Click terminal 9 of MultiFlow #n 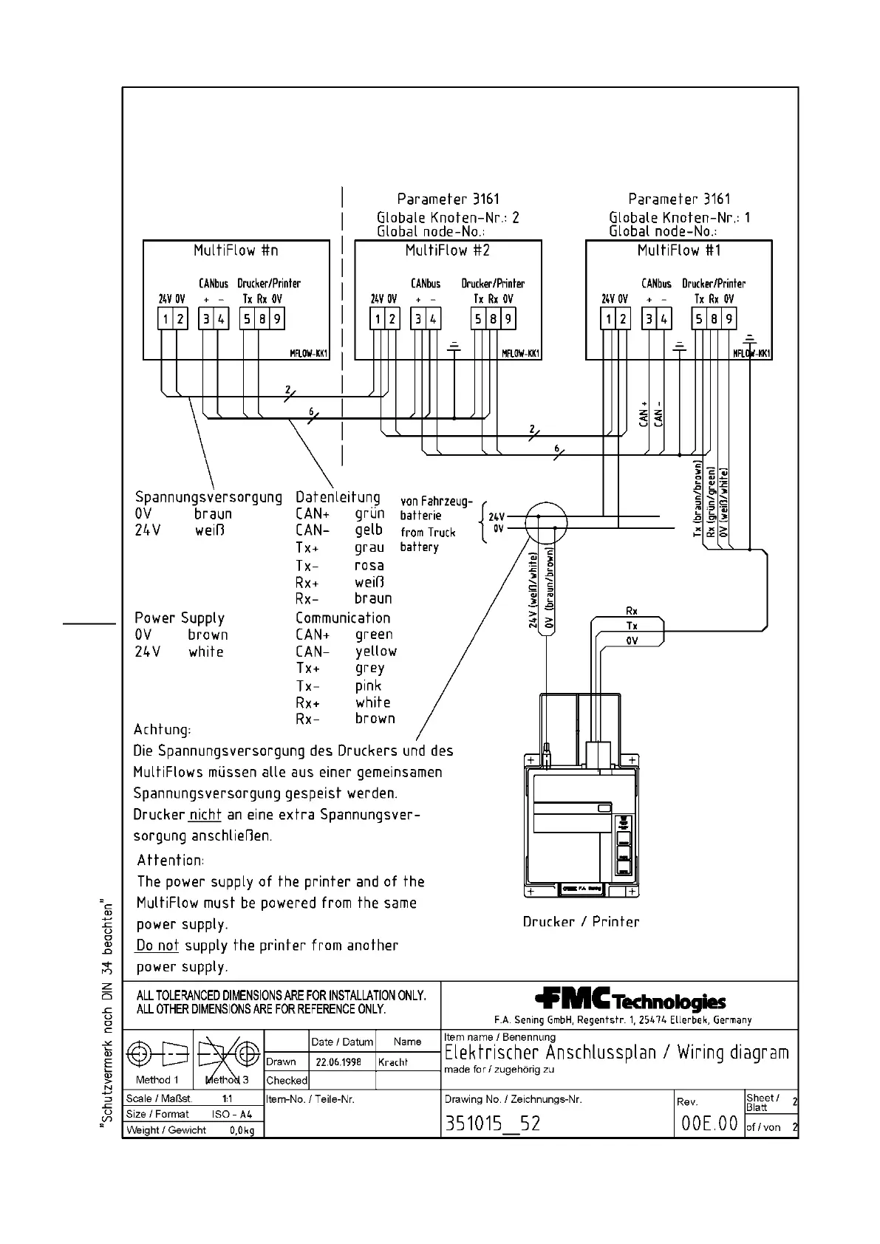click(x=277, y=319)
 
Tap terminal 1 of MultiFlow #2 click(x=378, y=319)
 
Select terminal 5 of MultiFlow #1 click(x=699, y=319)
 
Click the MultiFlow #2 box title click(x=448, y=250)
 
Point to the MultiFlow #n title click(x=236, y=250)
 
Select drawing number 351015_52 click(x=492, y=1124)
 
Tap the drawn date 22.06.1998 click(x=338, y=1062)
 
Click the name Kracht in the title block click(x=393, y=1062)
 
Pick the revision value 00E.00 click(x=709, y=1124)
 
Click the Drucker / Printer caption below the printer click(x=581, y=921)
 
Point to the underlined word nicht click(x=205, y=815)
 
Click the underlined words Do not click(x=157, y=946)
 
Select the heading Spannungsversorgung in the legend click(x=208, y=497)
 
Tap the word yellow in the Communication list click(x=376, y=651)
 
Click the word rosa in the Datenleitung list click(x=369, y=565)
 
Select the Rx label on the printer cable click(x=632, y=611)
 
